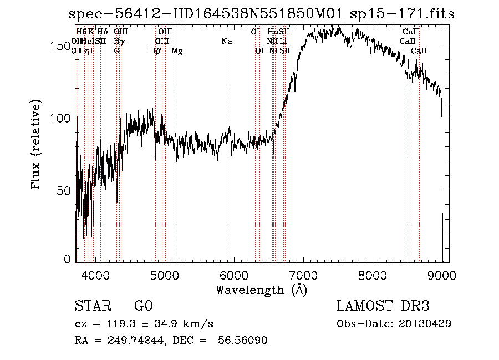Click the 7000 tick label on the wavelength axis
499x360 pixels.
click(303, 274)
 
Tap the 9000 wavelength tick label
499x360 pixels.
click(441, 274)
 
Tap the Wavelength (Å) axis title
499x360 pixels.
click(261, 290)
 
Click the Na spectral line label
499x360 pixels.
click(226, 41)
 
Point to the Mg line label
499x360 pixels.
click(177, 51)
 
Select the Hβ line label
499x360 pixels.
click(155, 51)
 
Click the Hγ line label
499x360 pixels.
click(118, 41)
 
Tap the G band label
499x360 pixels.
click(116, 51)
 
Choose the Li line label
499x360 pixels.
click(283, 41)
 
